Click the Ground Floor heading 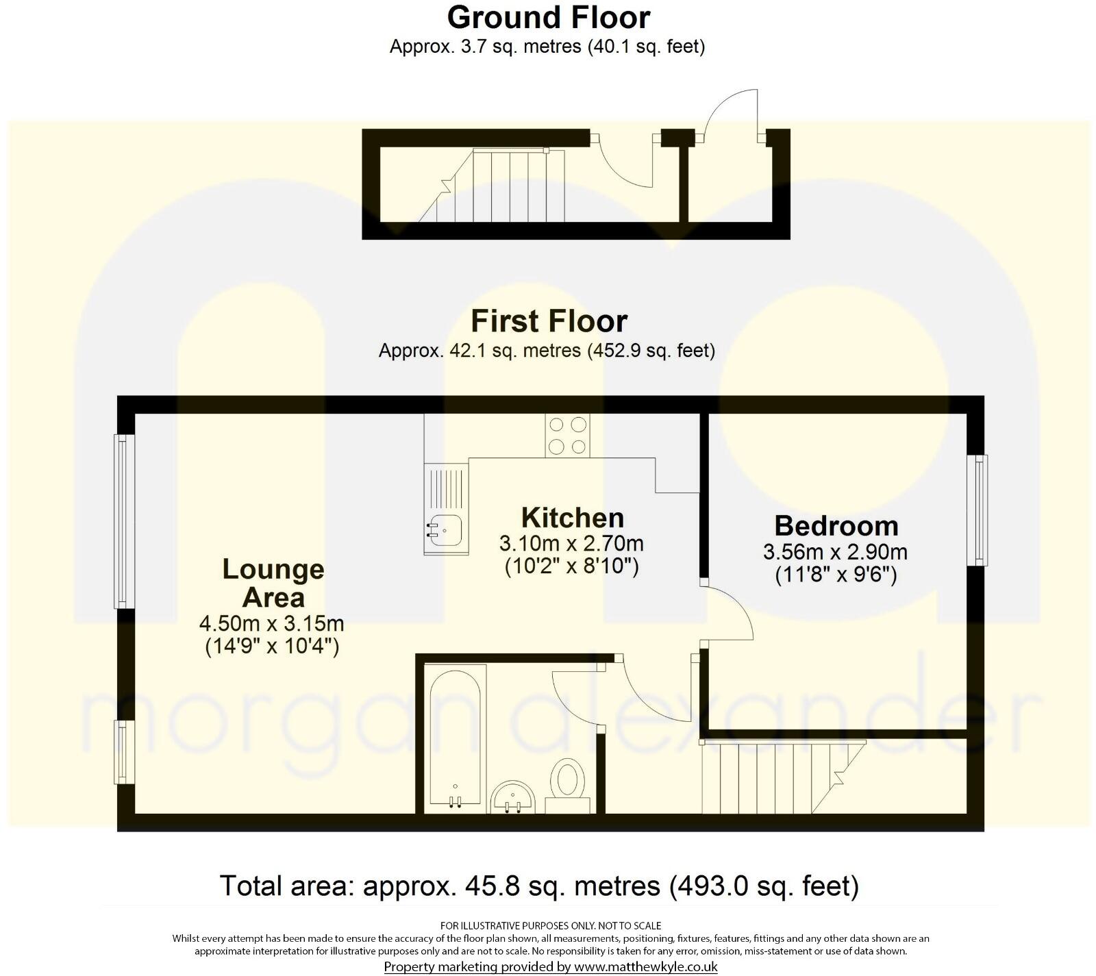[x=548, y=17]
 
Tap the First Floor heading [x=549, y=321]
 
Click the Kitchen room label [x=572, y=518]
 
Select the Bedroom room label [x=836, y=526]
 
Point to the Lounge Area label [x=273, y=584]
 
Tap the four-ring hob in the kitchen [x=567, y=436]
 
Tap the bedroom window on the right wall [x=977, y=510]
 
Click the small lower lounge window [x=123, y=751]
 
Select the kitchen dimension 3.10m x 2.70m [x=571, y=545]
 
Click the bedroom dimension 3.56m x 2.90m [x=836, y=552]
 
